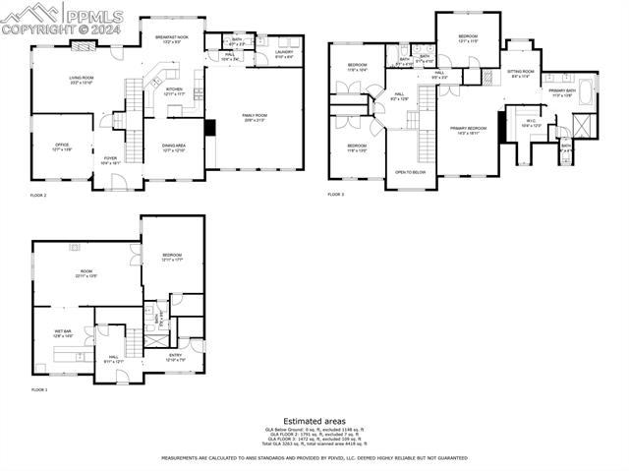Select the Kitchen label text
pos(174,90)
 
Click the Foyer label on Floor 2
pos(110,159)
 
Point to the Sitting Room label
pos(521,73)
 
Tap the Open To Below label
pos(410,171)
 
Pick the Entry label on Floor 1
pos(175,357)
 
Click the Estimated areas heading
pos(314,421)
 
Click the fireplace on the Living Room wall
pos(84,45)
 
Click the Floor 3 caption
pos(336,195)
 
